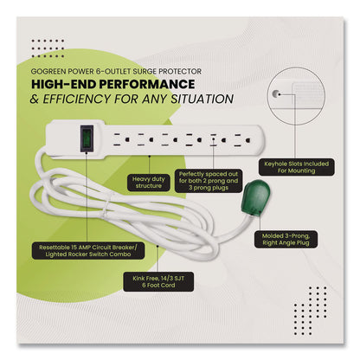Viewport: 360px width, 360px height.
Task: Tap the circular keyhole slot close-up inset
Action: coord(300,107)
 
